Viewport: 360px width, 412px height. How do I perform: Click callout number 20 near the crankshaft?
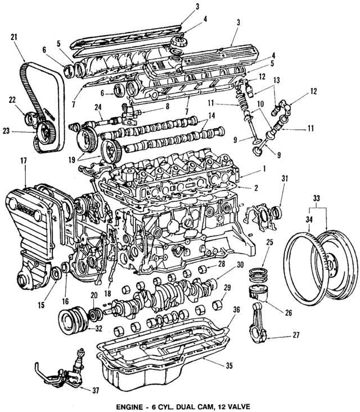[93, 295]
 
